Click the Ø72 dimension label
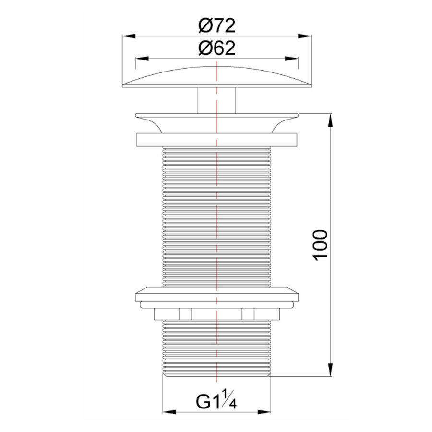(x=217, y=25)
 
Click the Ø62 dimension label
(x=217, y=48)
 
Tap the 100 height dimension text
(x=320, y=245)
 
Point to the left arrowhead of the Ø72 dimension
(x=129, y=36)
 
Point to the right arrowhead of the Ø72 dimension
(x=305, y=36)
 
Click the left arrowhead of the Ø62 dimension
(x=142, y=59)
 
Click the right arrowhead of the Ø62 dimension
(x=291, y=59)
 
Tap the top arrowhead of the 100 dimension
(x=331, y=120)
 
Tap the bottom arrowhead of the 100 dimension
(x=331, y=370)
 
